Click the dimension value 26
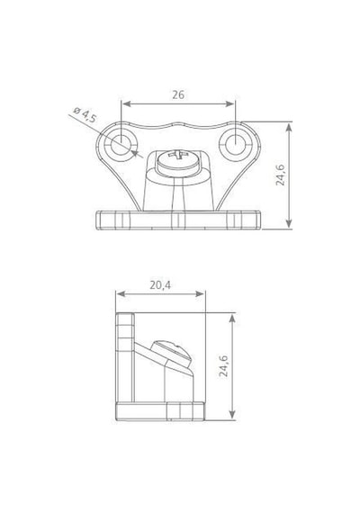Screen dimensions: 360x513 pyautogui.click(x=178, y=94)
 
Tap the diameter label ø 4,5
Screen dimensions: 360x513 pyautogui.click(x=85, y=115)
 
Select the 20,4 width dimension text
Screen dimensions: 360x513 pyautogui.click(x=160, y=285)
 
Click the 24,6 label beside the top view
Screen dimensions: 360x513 pyautogui.click(x=281, y=175)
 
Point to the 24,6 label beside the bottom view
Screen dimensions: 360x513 pyautogui.click(x=224, y=365)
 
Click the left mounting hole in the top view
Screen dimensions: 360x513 pyautogui.click(x=121, y=145)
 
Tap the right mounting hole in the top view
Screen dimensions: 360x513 pyautogui.click(x=236, y=144)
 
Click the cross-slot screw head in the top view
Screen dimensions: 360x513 pyautogui.click(x=177, y=162)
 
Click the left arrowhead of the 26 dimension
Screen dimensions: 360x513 pyautogui.click(x=126, y=103)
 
